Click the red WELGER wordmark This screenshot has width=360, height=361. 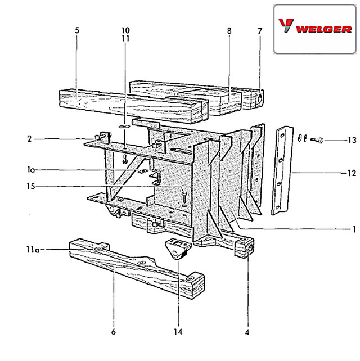pyautogui.click(x=324, y=29)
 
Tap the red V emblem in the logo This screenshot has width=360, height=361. pyautogui.click(x=286, y=25)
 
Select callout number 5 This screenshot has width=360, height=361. pyautogui.click(x=77, y=30)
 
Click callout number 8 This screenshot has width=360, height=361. pyautogui.click(x=229, y=31)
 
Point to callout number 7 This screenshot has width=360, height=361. pyautogui.click(x=260, y=31)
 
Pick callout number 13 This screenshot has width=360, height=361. pyautogui.click(x=352, y=140)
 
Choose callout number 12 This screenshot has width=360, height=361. pyautogui.click(x=352, y=173)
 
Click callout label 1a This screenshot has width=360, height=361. pyautogui.click(x=31, y=170)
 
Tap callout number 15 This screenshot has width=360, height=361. pyautogui.click(x=30, y=186)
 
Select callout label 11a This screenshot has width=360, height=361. pyautogui.click(x=33, y=250)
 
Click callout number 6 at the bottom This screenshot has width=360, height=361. pyautogui.click(x=113, y=332)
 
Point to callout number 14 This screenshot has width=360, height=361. pyautogui.click(x=178, y=332)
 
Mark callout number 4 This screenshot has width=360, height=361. pyautogui.click(x=247, y=332)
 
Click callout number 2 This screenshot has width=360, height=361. pyautogui.click(x=29, y=139)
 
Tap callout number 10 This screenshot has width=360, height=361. pyautogui.click(x=125, y=30)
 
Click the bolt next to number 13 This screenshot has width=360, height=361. pyautogui.click(x=317, y=140)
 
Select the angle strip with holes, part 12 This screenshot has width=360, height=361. pyautogui.click(x=282, y=170)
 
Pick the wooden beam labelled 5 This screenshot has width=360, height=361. pyautogui.click(x=133, y=106)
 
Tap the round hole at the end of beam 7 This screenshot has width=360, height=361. pyautogui.click(x=260, y=99)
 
